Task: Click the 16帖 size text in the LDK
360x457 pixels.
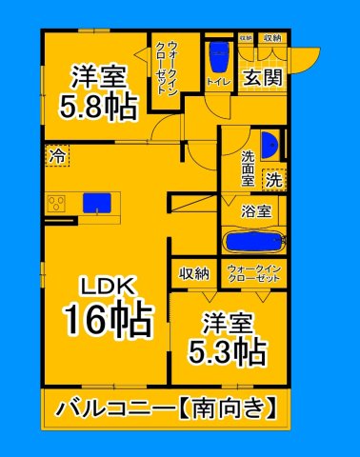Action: click(x=107, y=319)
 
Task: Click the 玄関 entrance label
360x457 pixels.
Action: click(x=262, y=78)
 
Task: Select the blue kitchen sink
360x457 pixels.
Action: click(x=95, y=202)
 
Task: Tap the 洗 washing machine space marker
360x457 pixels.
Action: click(x=273, y=178)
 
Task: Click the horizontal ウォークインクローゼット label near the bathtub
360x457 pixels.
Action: click(x=253, y=273)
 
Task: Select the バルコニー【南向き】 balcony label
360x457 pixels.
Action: click(x=167, y=408)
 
